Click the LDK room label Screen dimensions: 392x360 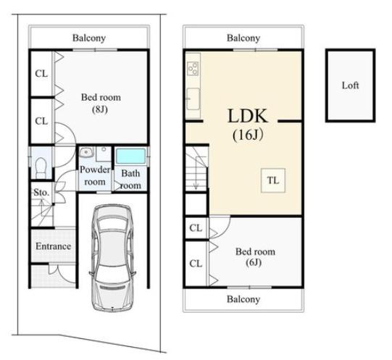point(248,116)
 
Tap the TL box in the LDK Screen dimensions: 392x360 point(273,180)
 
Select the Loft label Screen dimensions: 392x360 point(350,85)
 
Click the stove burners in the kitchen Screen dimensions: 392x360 point(193,68)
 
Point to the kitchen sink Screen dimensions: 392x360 point(193,99)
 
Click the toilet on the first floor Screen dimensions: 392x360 point(41,167)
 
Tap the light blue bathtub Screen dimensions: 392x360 point(130,156)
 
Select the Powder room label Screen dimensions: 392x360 point(95,175)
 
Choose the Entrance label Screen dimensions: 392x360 point(53,246)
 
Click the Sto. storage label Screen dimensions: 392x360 point(41,193)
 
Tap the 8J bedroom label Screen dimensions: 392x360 point(101,104)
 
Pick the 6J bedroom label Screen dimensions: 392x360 point(255,257)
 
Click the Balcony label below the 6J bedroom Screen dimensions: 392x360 point(243,299)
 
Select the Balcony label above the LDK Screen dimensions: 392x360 point(243,38)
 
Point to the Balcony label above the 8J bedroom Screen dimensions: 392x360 point(89,38)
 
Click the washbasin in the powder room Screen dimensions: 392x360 point(86,152)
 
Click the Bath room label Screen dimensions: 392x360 point(130,179)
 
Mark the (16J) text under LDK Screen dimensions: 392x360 point(248,135)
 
